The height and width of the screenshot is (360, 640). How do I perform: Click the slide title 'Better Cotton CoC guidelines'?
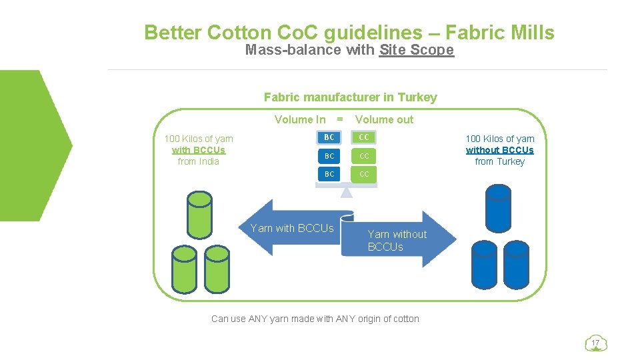coord(349,32)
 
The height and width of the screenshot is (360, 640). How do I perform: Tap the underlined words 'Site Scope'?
coord(416,50)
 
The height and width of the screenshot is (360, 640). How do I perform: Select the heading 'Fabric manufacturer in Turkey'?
coord(350,97)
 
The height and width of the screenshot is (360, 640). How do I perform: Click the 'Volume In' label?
coord(300,120)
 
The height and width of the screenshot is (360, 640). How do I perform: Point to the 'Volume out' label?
coord(384,120)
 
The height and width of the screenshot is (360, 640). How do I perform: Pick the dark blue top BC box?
coord(329,137)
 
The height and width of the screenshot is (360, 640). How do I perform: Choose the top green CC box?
coord(364,137)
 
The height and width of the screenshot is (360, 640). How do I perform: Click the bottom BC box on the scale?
coord(329,174)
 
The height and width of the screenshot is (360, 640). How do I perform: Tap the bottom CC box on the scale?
coord(364,174)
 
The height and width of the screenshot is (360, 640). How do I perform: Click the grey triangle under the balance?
coord(346,193)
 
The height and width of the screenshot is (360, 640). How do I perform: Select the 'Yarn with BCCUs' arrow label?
coord(292,229)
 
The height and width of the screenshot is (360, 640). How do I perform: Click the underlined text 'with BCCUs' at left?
coord(199,150)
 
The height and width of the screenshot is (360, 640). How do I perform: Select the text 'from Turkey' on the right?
coord(500,161)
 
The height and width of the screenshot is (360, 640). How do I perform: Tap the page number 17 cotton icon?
coord(596,343)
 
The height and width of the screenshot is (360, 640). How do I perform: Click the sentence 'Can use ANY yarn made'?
coord(315,319)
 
